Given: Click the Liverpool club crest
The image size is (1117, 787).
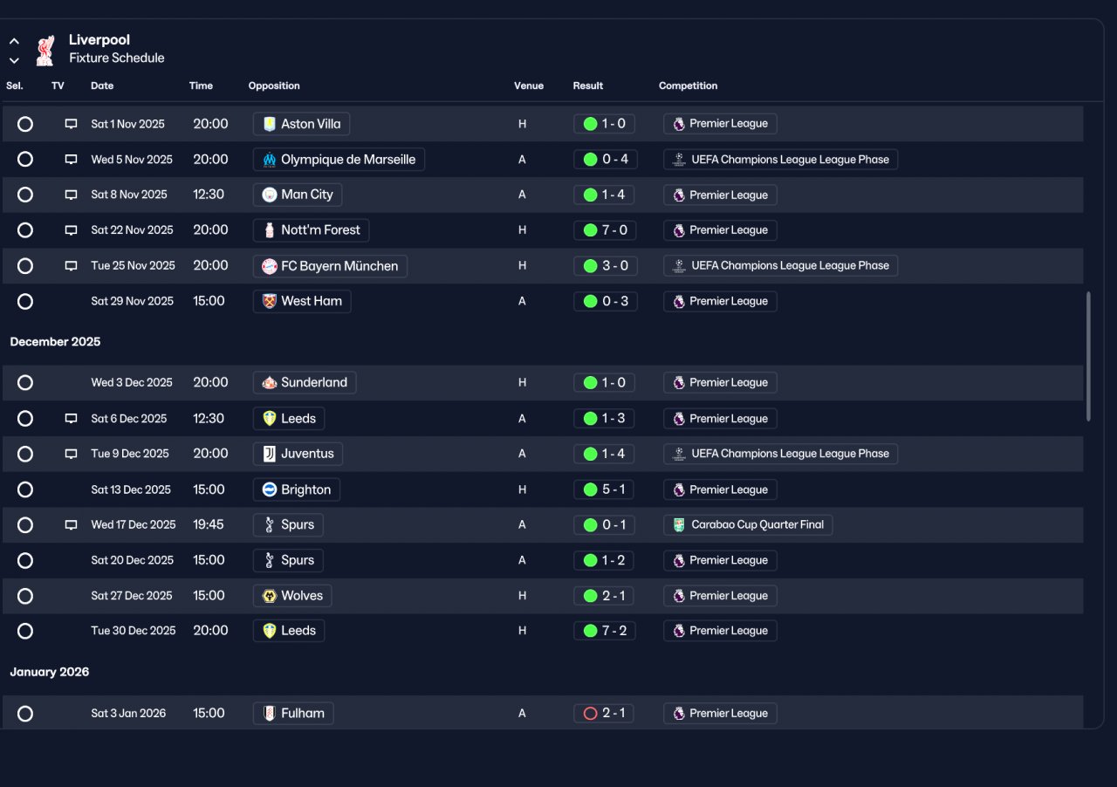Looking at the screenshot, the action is [45, 50].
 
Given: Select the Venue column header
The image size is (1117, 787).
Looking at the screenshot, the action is [529, 86].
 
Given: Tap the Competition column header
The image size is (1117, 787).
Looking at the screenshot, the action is [688, 86].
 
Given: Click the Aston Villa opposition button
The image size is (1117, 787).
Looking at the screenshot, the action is [301, 124].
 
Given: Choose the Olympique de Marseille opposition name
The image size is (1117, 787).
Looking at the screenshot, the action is [348, 160].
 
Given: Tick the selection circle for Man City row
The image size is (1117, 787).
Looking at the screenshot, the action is [25, 195].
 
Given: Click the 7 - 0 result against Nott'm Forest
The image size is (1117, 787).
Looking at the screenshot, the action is [605, 230].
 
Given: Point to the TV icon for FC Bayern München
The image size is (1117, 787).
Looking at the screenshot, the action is [71, 266].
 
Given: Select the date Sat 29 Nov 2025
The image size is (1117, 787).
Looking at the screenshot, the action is [132, 301].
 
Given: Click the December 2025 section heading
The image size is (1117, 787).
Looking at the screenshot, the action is [55, 342].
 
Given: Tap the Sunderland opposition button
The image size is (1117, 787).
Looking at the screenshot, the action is [305, 382].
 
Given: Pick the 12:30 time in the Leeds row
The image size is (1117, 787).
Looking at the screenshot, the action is [209, 419].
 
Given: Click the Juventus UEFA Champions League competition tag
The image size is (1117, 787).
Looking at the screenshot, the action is [780, 454].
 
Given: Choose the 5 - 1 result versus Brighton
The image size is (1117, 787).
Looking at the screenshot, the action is [604, 489].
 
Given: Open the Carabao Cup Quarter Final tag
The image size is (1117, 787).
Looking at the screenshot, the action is [748, 524].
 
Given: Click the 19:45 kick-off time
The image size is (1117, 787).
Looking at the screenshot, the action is [209, 524].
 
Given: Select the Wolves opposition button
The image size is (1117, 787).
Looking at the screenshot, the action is [292, 596].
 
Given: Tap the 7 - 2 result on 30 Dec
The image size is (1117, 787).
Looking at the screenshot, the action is [605, 631].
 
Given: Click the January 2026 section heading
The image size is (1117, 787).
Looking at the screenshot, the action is [50, 672].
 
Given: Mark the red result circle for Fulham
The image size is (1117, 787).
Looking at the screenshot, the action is [591, 714].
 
